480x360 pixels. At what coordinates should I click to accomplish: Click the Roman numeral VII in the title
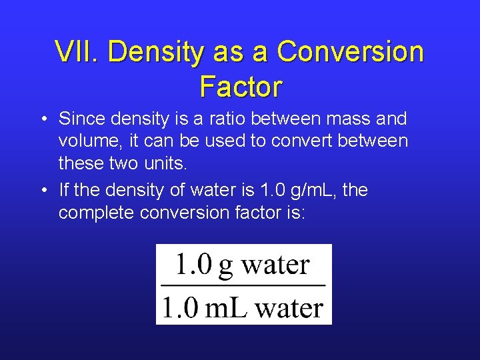[77, 52]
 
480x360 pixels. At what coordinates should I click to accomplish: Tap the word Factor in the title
[241, 86]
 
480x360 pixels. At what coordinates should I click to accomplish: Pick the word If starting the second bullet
[64, 191]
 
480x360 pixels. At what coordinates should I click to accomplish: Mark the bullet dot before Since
[42, 120]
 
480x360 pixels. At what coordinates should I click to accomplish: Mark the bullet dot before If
[42, 191]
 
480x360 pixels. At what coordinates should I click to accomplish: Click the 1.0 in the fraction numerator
[192, 265]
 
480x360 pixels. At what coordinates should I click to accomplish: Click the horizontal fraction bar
[243, 285]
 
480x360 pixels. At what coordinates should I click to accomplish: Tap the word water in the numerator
[276, 265]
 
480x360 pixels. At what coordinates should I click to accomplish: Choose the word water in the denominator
[289, 308]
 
